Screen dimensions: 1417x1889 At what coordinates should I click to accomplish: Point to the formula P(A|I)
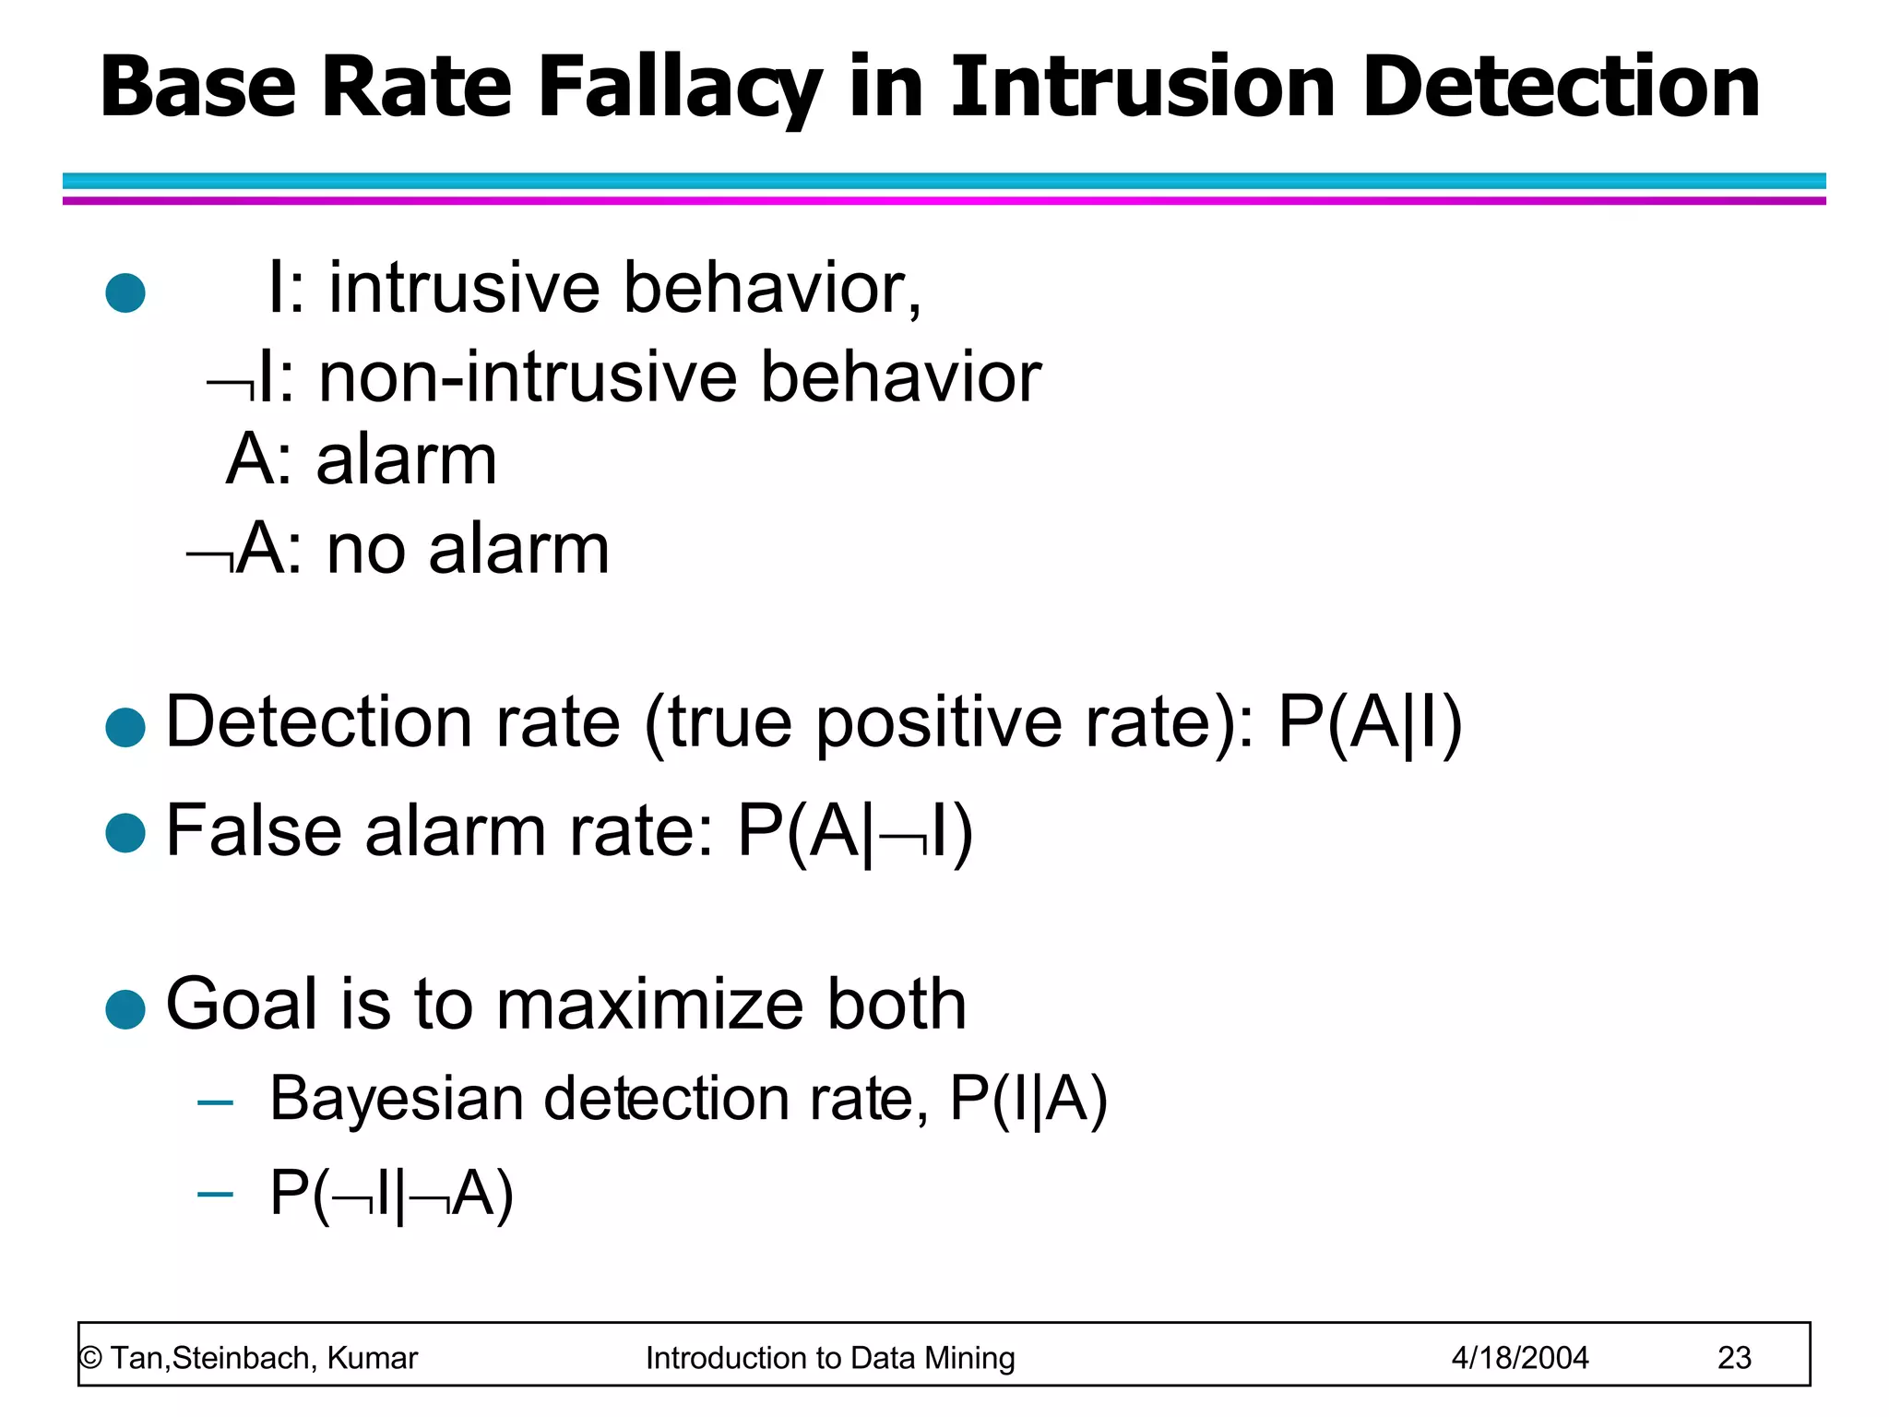[x=1370, y=722]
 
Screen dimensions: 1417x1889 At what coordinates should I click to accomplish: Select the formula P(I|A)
[x=1028, y=1099]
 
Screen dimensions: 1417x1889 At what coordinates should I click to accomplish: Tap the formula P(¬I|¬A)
[x=391, y=1194]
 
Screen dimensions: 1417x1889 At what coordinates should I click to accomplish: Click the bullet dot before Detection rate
[x=125, y=727]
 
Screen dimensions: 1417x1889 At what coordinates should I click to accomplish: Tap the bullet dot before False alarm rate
[x=125, y=833]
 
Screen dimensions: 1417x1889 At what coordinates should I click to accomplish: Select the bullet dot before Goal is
[x=125, y=1009]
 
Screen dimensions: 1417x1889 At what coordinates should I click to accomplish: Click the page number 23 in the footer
[x=1734, y=1357]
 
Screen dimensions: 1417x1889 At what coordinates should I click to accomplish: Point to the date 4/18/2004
[x=1520, y=1357]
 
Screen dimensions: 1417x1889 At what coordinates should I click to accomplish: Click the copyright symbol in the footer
[x=90, y=1358]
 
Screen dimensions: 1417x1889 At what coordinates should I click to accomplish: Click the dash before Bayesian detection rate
[x=215, y=1101]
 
